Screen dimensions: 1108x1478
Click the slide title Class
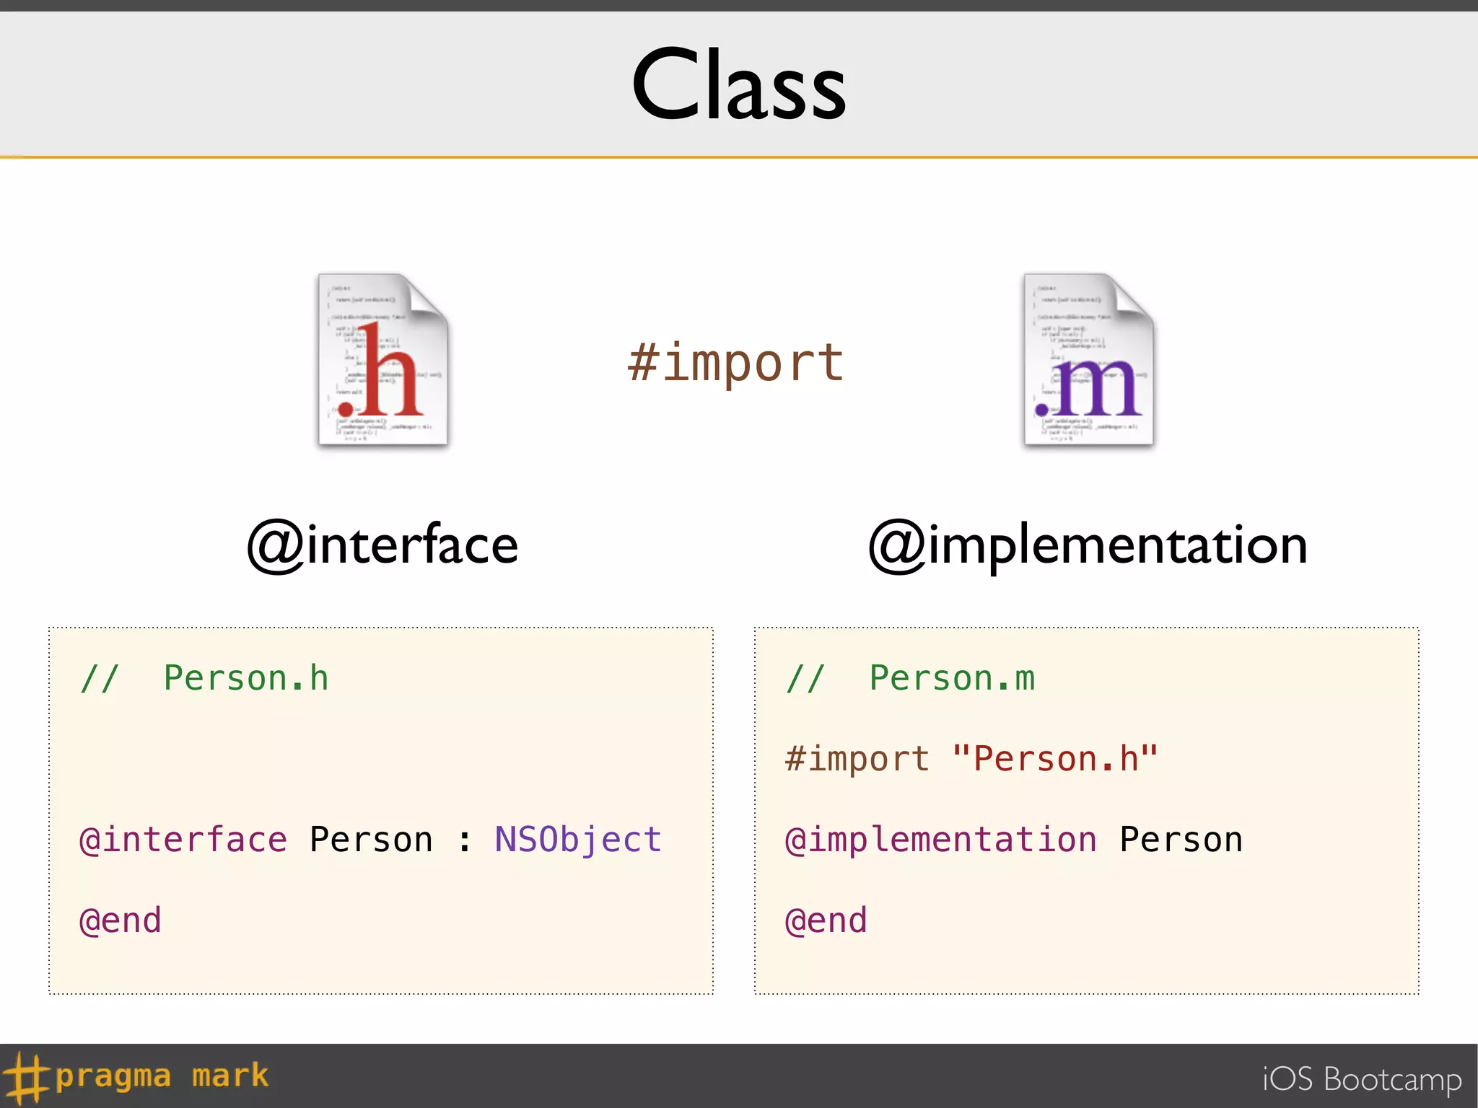point(738,85)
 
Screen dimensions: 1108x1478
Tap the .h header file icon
point(383,361)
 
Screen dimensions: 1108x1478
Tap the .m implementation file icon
point(1089,361)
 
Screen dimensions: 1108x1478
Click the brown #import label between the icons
point(735,363)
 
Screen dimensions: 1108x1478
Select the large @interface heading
point(382,545)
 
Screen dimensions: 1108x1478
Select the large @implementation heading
point(1088,545)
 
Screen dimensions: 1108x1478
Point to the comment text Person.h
point(246,678)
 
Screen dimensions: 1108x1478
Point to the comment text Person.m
point(952,678)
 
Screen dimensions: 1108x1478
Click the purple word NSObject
point(577,840)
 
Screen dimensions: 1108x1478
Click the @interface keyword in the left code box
point(183,840)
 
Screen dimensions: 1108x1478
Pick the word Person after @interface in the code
point(371,840)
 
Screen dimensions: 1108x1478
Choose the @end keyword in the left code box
point(121,920)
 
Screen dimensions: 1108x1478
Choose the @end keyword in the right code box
point(826,920)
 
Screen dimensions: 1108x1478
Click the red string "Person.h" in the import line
point(1055,759)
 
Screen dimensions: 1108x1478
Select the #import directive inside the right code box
point(857,759)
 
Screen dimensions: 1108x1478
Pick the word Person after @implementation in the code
point(1181,840)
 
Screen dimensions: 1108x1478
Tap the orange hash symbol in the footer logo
point(26,1077)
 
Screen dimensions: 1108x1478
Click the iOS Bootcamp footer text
point(1362,1079)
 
